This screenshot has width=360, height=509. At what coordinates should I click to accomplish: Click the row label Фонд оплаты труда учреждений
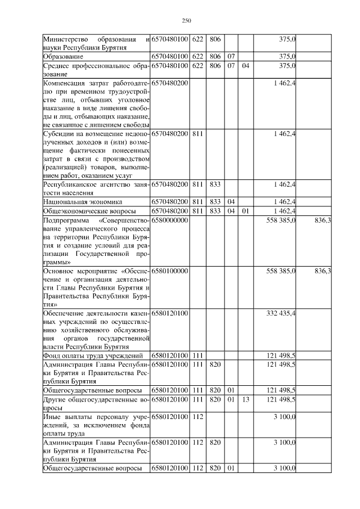coord(89,355)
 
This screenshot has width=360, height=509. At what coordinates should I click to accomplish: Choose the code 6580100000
coord(169,271)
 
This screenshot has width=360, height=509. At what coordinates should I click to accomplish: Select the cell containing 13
coord(245,399)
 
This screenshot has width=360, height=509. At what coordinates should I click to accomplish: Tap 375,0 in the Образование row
coord(287,57)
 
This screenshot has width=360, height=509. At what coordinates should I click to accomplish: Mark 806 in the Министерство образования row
coord(215,39)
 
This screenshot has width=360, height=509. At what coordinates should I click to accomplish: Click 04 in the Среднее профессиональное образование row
coord(245,66)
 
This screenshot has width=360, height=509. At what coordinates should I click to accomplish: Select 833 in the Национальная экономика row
coord(215,201)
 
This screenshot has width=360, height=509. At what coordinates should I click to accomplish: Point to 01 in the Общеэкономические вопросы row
coord(245,210)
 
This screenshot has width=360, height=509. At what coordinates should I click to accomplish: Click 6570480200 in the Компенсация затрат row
coord(169,83)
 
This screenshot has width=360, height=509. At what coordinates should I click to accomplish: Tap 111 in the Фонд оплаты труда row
coord(197,355)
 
